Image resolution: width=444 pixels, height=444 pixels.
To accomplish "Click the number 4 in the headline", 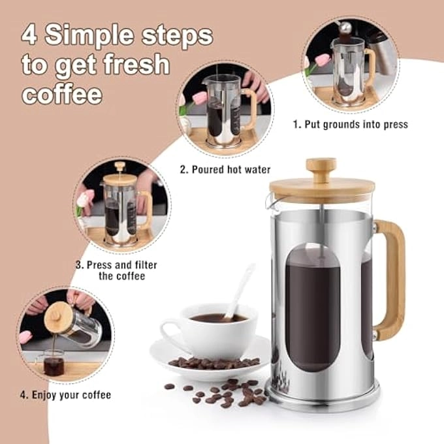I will click(30, 35).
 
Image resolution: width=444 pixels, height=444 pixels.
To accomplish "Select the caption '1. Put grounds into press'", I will click(350, 124).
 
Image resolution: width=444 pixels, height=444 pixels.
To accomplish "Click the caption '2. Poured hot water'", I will click(225, 170).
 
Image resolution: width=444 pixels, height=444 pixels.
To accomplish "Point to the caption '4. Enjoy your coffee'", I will click(65, 394).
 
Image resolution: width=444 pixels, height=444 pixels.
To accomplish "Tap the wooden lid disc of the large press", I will click(321, 190).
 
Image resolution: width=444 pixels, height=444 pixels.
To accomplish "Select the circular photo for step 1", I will click(349, 65).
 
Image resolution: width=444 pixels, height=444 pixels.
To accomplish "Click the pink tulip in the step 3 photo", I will click(84, 198).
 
